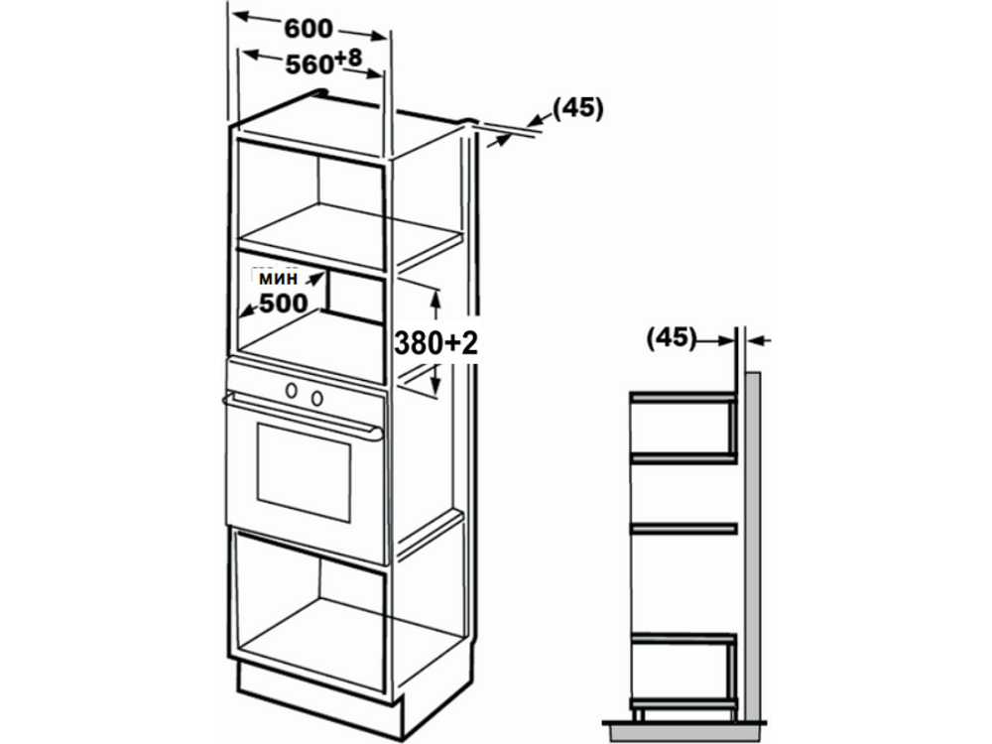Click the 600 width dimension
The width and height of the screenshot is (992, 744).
tap(309, 29)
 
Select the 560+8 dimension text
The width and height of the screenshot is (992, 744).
tap(323, 62)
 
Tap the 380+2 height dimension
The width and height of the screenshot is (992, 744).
tap(435, 343)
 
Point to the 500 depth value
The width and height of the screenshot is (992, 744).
tap(284, 304)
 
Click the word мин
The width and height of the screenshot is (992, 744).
tap(278, 278)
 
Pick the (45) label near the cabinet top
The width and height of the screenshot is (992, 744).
tap(578, 108)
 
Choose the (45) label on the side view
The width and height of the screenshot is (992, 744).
tap(672, 337)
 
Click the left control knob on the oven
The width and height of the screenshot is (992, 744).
tap(292, 390)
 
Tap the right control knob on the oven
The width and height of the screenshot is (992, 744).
tap(317, 398)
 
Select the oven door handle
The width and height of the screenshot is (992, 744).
tap(303, 415)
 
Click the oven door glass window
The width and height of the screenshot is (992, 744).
tap(304, 472)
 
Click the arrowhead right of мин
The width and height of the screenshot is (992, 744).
tap(314, 278)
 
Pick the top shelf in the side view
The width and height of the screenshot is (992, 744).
tap(683, 397)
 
